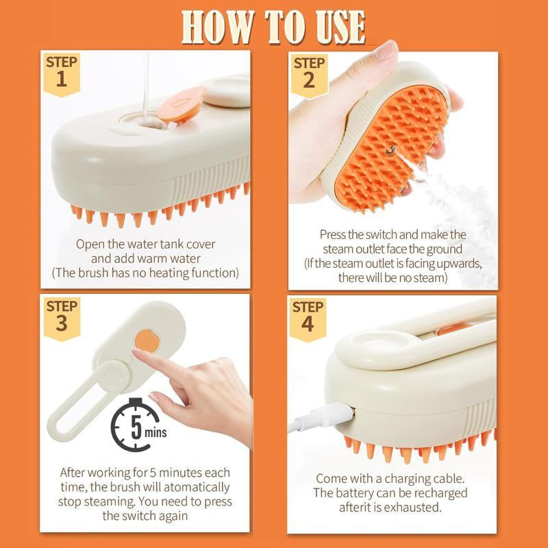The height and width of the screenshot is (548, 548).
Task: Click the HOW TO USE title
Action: (274, 27)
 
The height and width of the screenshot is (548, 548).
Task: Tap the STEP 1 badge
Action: (62, 72)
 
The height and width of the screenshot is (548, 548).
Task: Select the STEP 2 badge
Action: (308, 72)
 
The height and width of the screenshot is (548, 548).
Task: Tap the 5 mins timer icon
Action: (136, 425)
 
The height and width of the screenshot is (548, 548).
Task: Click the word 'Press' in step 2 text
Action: (335, 234)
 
